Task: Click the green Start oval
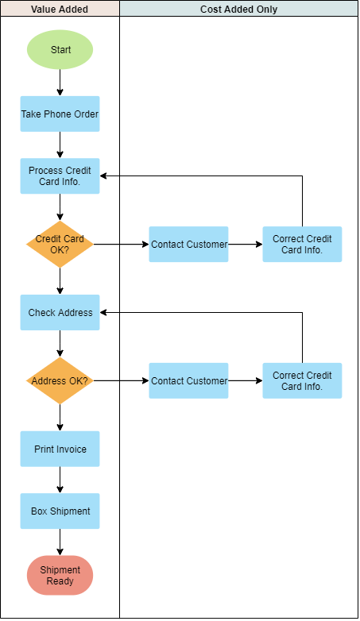coord(60,50)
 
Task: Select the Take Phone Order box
coord(60,114)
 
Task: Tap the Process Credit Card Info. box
coord(60,176)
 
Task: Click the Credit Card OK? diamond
coord(60,245)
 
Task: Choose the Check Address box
coord(60,313)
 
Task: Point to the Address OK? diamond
coord(60,381)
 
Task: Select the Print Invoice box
coord(60,449)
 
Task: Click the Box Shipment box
coord(60,511)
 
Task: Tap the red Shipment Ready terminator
coord(60,576)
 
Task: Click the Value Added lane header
coord(60,10)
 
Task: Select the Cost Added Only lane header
coord(239,10)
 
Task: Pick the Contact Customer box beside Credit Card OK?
coord(189,245)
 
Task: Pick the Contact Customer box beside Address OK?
coord(189,381)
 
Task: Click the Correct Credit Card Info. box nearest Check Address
coord(302,245)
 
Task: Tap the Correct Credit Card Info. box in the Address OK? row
coord(302,381)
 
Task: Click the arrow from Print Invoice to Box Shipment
coord(60,480)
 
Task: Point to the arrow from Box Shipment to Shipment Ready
coord(60,542)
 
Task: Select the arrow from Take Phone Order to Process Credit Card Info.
coord(60,145)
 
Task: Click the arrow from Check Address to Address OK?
coord(60,344)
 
